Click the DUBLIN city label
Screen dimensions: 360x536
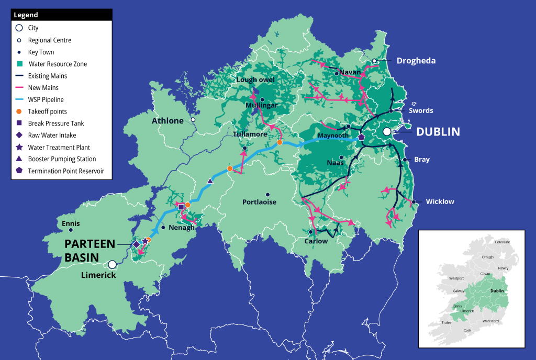(438, 132)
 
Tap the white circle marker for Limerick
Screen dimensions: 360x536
(112, 265)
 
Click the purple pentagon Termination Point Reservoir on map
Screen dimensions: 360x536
(361, 137)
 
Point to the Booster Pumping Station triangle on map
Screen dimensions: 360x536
(210, 181)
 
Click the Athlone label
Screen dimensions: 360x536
(167, 121)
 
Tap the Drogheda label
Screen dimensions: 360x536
(416, 61)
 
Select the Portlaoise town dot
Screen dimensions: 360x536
(267, 194)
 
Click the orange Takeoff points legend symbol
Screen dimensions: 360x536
(19, 111)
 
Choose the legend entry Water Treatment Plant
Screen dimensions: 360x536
(59, 147)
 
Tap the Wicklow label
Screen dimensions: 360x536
(440, 201)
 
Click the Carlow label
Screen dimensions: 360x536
(316, 241)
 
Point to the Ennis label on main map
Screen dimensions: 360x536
(71, 223)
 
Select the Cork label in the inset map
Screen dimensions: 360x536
(467, 331)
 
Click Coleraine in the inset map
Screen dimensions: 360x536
(503, 242)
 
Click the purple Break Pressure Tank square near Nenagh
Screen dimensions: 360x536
(181, 207)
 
